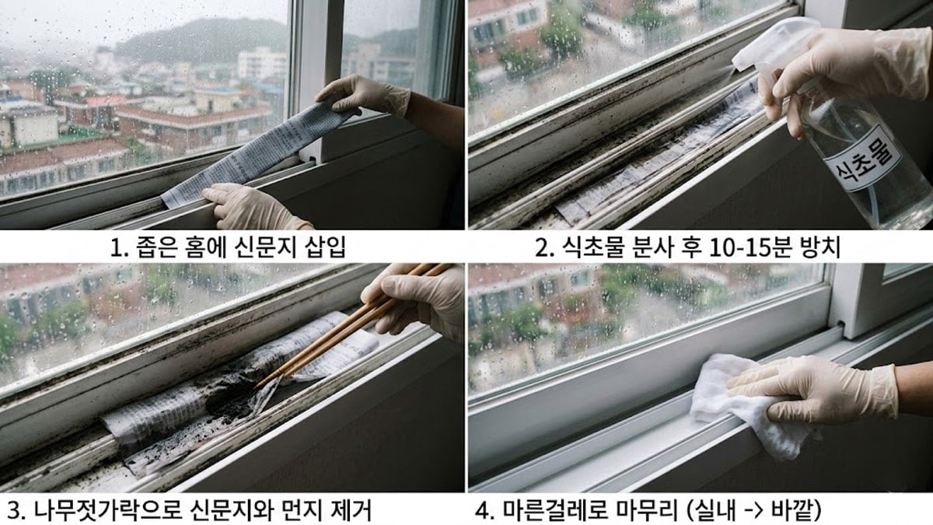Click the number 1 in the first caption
click(117, 248)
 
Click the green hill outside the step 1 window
click(202, 39)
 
